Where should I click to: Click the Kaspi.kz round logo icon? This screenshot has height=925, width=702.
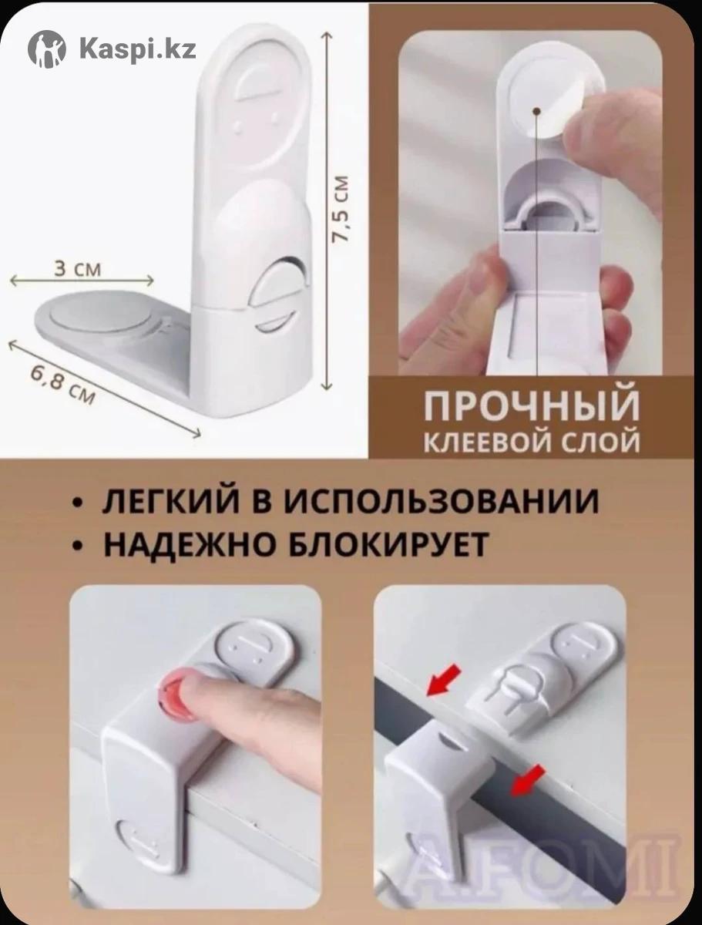click(x=47, y=49)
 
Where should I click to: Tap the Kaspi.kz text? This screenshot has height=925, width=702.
click(x=138, y=49)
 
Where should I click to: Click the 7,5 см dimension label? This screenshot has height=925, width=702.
click(x=340, y=209)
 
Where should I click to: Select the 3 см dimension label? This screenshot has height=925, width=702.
click(x=78, y=269)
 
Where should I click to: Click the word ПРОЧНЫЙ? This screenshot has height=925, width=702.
click(x=531, y=405)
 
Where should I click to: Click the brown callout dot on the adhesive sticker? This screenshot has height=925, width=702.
click(x=536, y=111)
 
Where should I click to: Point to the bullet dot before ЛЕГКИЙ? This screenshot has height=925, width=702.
click(x=76, y=503)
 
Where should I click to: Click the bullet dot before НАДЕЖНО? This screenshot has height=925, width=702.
click(x=76, y=546)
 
